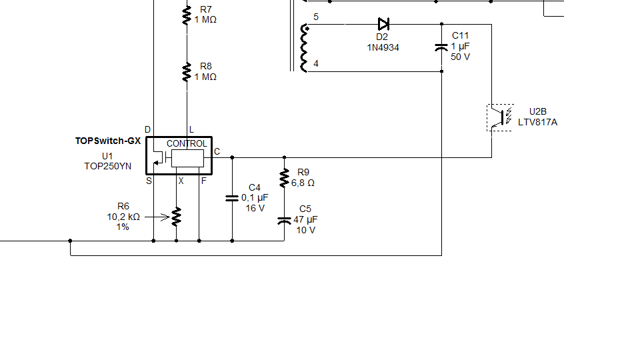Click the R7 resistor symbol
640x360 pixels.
187,15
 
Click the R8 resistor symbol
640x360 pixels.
187,71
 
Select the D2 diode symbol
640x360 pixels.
383,25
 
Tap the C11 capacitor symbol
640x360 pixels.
441,47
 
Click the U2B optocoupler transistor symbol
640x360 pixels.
499,117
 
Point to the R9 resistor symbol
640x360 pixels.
285,177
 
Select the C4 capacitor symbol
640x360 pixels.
232,198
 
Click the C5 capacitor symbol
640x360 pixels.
285,219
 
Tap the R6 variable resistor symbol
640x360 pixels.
176,217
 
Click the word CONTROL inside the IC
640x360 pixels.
187,143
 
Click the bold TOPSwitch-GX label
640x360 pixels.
108,141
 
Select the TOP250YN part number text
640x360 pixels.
107,167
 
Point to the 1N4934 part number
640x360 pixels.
383,47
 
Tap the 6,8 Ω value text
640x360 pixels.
303,182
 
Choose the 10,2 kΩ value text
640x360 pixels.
123,217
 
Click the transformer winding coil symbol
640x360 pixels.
306,48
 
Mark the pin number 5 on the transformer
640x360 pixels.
316,17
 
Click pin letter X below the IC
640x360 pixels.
181,181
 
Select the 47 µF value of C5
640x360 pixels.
305,219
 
